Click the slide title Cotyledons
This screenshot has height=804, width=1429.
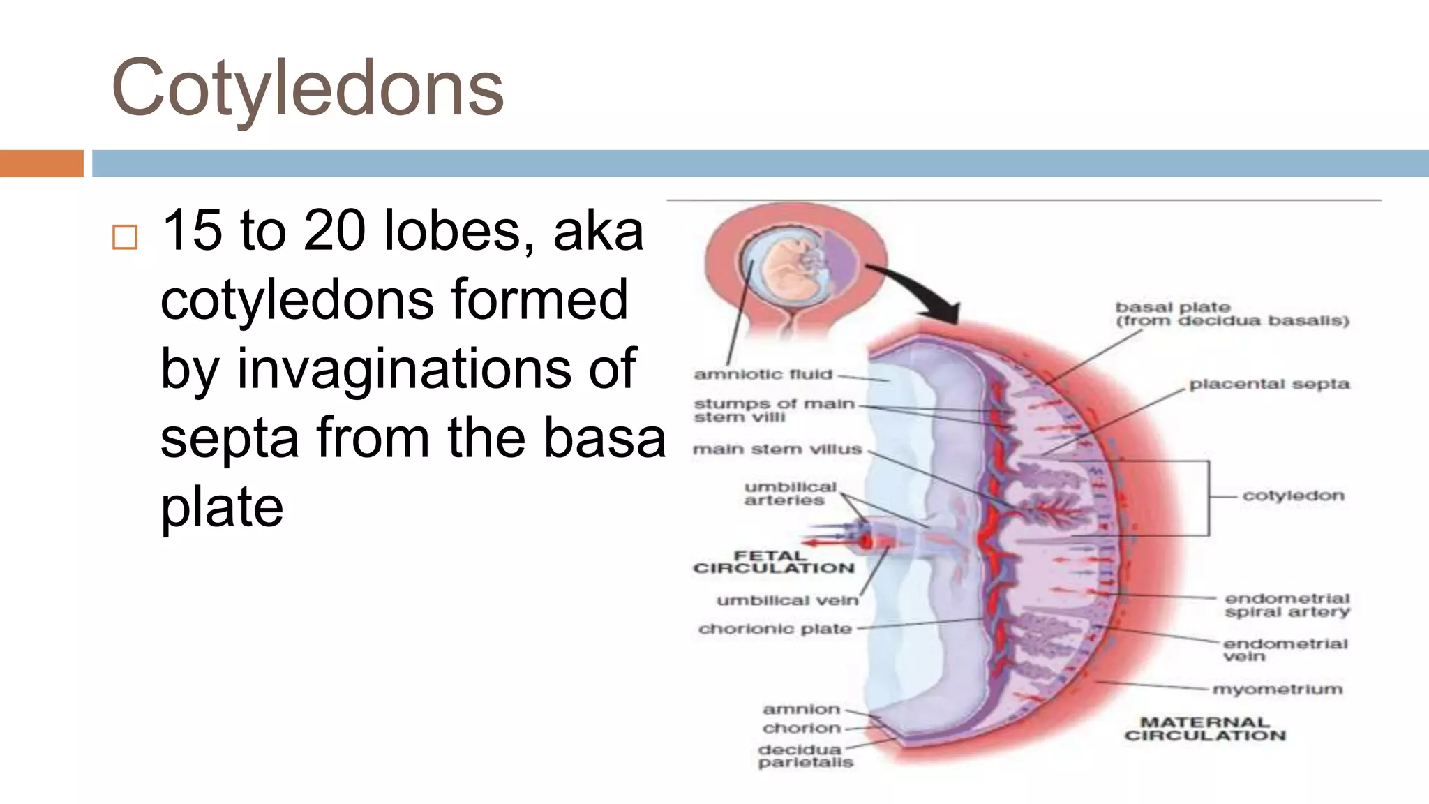point(307,89)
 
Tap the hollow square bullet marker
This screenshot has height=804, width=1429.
point(125,237)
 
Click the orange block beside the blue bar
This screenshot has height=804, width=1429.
point(41,163)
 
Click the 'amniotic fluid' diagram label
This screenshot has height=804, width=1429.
point(763,375)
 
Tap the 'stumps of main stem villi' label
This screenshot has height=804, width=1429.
point(773,410)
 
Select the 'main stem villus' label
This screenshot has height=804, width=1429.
point(777,449)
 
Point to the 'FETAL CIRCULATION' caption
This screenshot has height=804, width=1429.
point(773,562)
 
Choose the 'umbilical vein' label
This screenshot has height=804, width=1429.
point(787,600)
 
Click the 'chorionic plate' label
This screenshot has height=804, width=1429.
point(775,629)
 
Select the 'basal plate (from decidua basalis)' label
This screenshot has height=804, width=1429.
point(1232,314)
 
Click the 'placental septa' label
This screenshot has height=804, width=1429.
point(1269,385)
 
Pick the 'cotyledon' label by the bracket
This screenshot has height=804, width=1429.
point(1293,496)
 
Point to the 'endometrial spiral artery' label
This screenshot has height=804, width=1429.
point(1287,605)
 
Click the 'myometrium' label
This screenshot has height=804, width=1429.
point(1277,690)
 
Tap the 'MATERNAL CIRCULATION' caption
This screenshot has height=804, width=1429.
point(1205,729)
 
